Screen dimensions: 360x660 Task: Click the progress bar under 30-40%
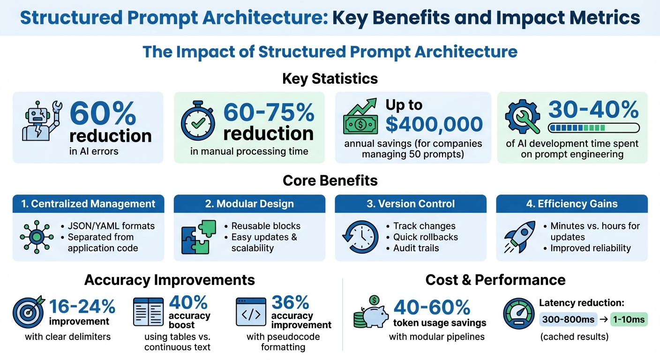click(x=594, y=127)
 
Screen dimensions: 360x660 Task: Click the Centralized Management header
click(x=89, y=204)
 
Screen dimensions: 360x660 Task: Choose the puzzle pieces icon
click(x=199, y=237)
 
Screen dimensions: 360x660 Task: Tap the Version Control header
click(x=410, y=204)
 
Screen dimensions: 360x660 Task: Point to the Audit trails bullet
click(x=416, y=248)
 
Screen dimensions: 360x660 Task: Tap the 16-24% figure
click(x=82, y=307)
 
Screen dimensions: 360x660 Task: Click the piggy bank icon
click(x=371, y=312)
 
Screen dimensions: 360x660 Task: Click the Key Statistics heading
click(x=330, y=78)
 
